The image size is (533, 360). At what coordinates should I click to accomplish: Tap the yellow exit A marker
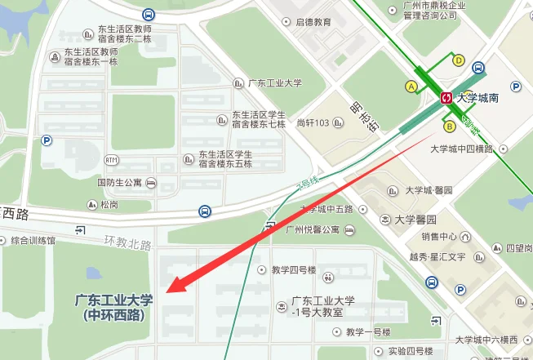coord(411,86)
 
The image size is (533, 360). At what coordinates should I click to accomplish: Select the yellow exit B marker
coord(449,126)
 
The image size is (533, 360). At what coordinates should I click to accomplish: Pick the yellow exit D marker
coord(459,60)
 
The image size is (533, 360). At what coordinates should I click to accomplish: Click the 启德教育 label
coord(313,22)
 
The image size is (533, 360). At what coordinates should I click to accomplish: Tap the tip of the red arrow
coord(168,291)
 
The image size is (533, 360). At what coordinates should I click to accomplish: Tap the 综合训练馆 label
coord(33,241)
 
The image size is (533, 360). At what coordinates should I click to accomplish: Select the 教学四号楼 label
coord(294,270)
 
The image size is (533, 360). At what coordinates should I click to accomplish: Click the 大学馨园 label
coord(415,220)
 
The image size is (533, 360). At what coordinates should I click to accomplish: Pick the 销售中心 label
coord(440,237)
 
